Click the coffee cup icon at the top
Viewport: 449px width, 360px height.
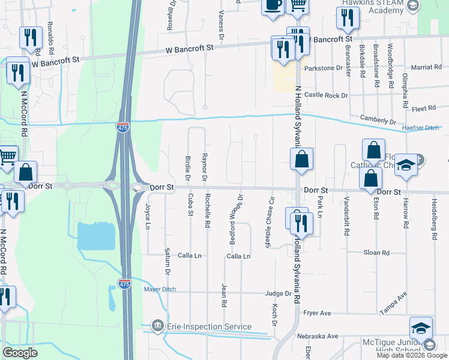[273, 5]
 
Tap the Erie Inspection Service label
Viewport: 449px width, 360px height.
[209, 326]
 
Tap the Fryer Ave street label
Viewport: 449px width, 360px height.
[318, 313]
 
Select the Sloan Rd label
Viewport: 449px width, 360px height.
[377, 253]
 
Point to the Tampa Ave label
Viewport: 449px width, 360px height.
[393, 302]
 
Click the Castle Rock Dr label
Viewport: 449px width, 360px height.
[326, 95]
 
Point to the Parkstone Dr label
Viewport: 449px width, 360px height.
[323, 68]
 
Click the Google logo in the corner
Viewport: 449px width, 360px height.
[20, 353]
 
